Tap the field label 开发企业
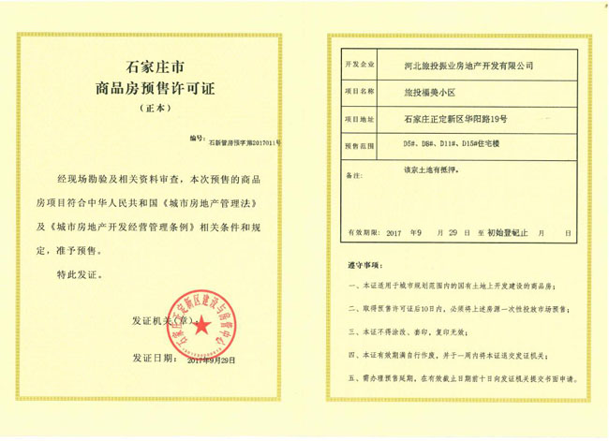coord(361,66)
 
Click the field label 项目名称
coord(361,94)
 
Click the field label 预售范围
coord(361,148)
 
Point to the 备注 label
coord(354,176)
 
